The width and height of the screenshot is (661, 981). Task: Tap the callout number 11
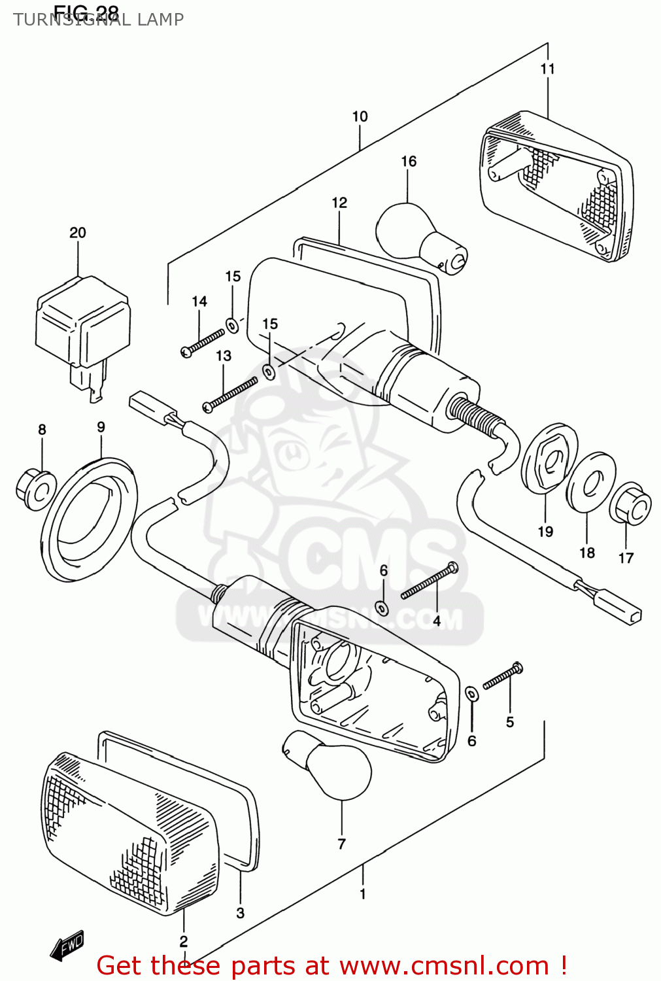click(547, 69)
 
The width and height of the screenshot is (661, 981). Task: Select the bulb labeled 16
click(418, 239)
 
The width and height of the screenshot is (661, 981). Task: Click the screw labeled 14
click(202, 344)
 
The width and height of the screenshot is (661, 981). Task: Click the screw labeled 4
click(429, 581)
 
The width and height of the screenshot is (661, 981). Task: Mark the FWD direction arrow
click(67, 945)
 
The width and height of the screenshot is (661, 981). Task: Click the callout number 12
click(339, 203)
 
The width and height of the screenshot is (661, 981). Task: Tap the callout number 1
click(363, 894)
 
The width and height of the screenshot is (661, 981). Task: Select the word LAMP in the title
click(160, 20)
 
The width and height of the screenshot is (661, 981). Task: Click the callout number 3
click(240, 913)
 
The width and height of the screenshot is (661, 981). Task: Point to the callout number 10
click(360, 116)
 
